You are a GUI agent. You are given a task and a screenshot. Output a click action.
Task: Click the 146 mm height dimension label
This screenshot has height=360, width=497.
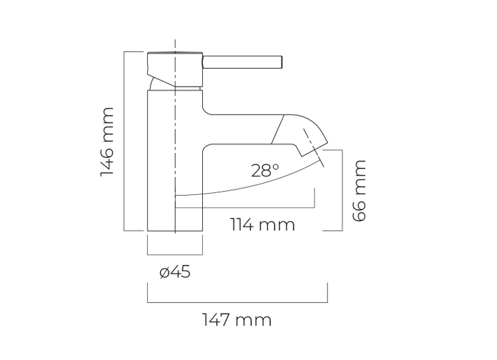point(107,142)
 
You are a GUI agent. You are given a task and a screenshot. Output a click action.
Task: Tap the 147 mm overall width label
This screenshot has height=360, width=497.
point(237,320)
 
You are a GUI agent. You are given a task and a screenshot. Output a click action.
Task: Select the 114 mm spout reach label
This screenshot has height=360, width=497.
point(262,225)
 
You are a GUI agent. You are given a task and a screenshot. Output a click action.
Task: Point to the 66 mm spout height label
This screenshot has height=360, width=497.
point(359,190)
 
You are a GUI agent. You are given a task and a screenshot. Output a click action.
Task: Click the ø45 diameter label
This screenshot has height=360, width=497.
point(175,272)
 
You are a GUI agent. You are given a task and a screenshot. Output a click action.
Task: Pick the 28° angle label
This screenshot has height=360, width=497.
point(265,170)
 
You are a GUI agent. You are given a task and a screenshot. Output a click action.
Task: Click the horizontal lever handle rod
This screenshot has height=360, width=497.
point(242,62)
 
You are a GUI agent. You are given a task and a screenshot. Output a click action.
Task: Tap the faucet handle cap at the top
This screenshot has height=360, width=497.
point(174,69)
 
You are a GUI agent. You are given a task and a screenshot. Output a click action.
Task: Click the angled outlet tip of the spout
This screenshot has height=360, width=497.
point(313,150)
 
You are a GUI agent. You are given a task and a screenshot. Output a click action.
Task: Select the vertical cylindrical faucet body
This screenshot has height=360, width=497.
point(175,160)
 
